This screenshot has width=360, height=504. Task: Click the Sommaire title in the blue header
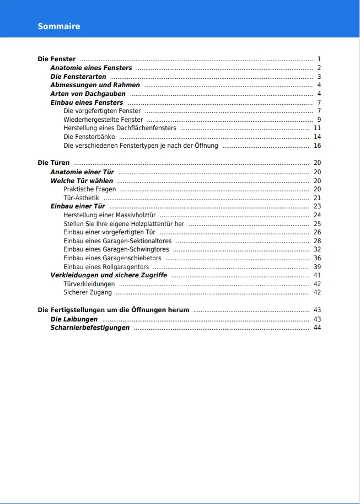pos(59,26)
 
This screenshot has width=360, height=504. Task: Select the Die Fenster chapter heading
pos(57,59)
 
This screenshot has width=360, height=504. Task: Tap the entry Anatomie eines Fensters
pos(91,68)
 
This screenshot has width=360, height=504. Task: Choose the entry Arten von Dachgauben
pos(88,94)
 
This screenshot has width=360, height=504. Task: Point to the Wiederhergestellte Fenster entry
pos(103,120)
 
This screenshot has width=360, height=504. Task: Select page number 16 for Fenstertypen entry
pos(317,146)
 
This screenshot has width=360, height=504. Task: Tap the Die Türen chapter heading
pos(53,163)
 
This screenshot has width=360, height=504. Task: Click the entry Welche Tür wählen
pos(82,181)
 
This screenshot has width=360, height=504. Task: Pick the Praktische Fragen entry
pos(89,189)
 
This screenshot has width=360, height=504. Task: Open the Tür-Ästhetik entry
pos(81,198)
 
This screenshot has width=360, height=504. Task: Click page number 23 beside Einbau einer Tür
pos(317,206)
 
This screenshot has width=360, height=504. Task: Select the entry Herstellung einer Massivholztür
pos(110,215)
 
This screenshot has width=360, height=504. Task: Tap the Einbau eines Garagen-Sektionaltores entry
pos(117,241)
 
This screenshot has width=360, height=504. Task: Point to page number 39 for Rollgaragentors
pos(317,267)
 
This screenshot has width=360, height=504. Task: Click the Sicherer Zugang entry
pos(88,292)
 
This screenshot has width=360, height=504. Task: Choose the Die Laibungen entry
pos(74,319)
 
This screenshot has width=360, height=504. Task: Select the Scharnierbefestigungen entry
pos(90,328)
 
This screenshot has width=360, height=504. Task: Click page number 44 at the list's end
pos(317,328)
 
